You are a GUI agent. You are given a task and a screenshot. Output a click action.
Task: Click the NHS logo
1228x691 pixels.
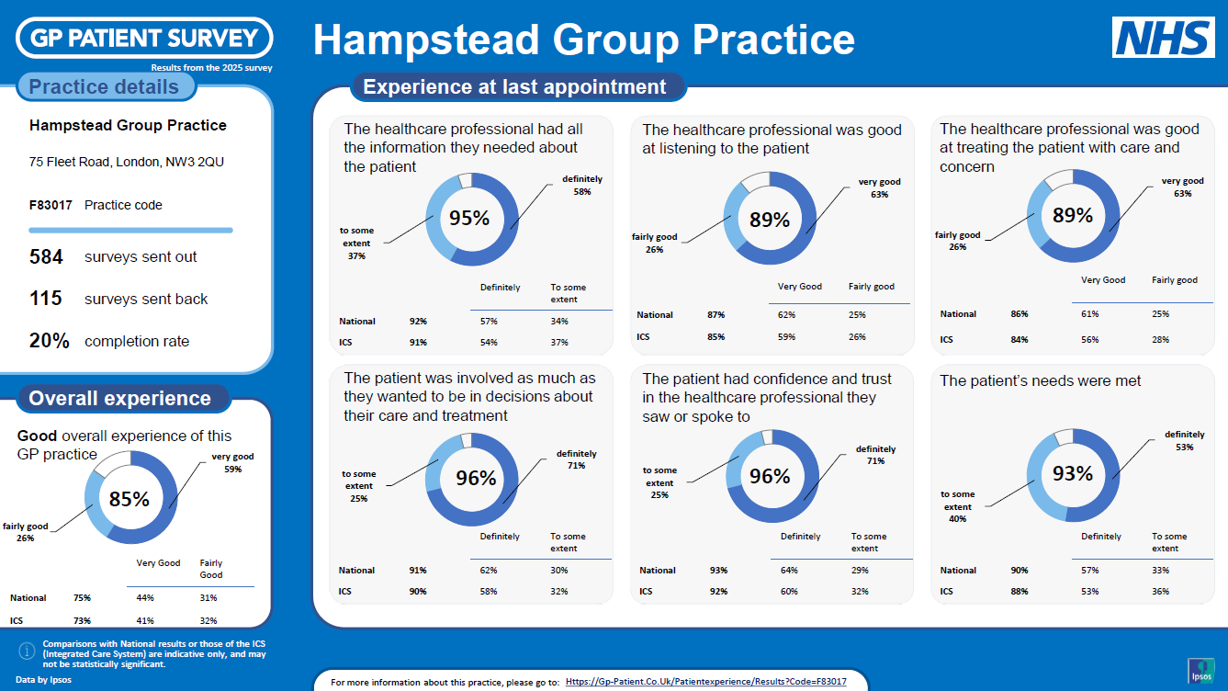coord(1164,37)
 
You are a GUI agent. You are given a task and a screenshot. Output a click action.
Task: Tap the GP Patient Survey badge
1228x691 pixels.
coord(144,38)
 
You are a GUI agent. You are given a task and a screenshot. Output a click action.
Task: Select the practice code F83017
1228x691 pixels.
coord(51,205)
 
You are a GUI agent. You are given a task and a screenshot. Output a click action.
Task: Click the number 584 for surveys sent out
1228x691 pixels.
coord(46,256)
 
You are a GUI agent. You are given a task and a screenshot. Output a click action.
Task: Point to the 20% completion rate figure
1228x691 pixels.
coord(50,341)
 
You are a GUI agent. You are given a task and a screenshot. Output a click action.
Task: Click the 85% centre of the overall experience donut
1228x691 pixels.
coord(130,499)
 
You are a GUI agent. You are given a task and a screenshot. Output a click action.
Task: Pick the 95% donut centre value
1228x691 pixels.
coord(469,218)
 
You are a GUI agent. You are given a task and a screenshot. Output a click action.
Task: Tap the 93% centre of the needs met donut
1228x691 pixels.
coord(1073,472)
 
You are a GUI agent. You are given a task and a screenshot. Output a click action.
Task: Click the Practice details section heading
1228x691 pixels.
coord(104,86)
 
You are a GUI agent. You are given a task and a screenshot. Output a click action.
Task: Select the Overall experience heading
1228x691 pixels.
coord(120,398)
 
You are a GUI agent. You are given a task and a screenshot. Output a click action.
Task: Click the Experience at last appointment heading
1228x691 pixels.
coord(514,86)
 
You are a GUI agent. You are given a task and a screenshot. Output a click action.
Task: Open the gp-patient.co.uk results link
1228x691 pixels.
coord(706,681)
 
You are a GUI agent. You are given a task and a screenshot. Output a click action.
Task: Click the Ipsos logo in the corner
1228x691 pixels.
coord(1201,671)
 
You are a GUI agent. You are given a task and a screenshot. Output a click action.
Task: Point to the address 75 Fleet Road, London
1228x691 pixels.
coord(127,162)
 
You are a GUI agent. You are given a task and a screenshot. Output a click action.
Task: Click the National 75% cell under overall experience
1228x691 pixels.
coord(83,598)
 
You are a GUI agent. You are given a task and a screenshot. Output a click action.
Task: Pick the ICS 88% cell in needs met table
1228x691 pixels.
coord(1020,591)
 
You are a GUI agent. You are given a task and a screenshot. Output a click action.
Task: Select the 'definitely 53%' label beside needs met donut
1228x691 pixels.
coord(1185,440)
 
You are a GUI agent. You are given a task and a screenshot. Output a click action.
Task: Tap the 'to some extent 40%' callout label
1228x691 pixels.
coord(957,506)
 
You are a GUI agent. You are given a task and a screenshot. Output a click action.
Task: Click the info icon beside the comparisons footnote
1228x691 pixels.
coord(27,651)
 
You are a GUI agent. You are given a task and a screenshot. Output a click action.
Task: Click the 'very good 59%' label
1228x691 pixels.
coord(233,462)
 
